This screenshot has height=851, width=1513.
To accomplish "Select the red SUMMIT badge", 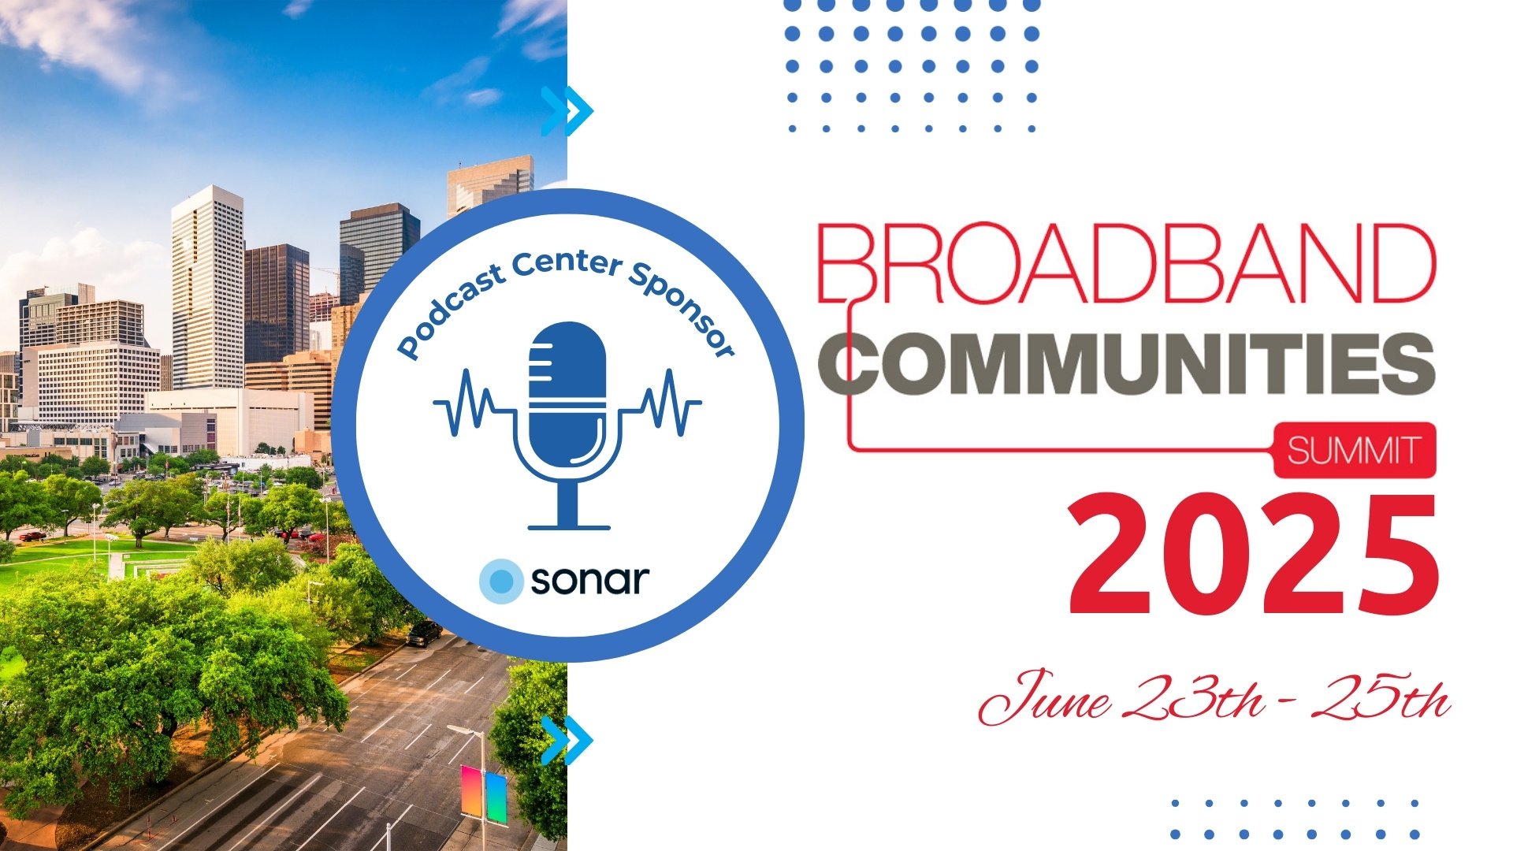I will tap(1354, 451).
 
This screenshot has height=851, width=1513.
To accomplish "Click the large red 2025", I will tap(1253, 556).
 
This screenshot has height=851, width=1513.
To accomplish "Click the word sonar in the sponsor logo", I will tap(589, 581).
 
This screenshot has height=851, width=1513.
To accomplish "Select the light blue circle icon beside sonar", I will tap(500, 581).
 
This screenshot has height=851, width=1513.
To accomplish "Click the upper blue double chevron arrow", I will tap(567, 110).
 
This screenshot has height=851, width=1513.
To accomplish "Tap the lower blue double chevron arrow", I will tap(567, 741).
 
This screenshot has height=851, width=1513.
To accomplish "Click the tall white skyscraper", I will tap(207, 288).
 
